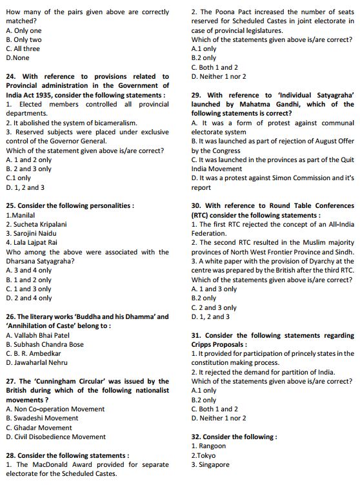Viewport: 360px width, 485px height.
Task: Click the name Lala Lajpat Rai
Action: (x=32, y=243)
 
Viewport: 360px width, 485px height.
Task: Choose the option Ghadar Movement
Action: (x=43, y=428)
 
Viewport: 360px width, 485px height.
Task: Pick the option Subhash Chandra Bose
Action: (x=49, y=344)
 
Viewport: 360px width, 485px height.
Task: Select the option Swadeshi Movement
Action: (x=46, y=418)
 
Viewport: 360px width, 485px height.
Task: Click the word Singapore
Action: (x=214, y=464)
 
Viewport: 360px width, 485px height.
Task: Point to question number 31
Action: (x=197, y=335)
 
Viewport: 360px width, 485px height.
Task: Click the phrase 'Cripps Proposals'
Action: (x=217, y=344)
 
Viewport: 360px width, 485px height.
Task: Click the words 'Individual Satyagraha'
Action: (x=308, y=95)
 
